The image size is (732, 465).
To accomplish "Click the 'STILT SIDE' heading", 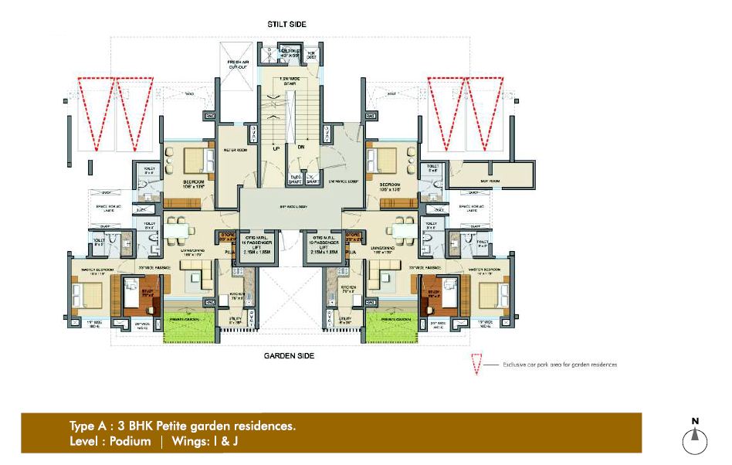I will (x=286, y=25).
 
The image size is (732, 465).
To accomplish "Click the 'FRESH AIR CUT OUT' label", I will (x=236, y=64).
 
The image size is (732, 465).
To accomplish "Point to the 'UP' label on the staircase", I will (x=274, y=147).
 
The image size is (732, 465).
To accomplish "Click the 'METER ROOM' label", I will (x=235, y=150).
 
